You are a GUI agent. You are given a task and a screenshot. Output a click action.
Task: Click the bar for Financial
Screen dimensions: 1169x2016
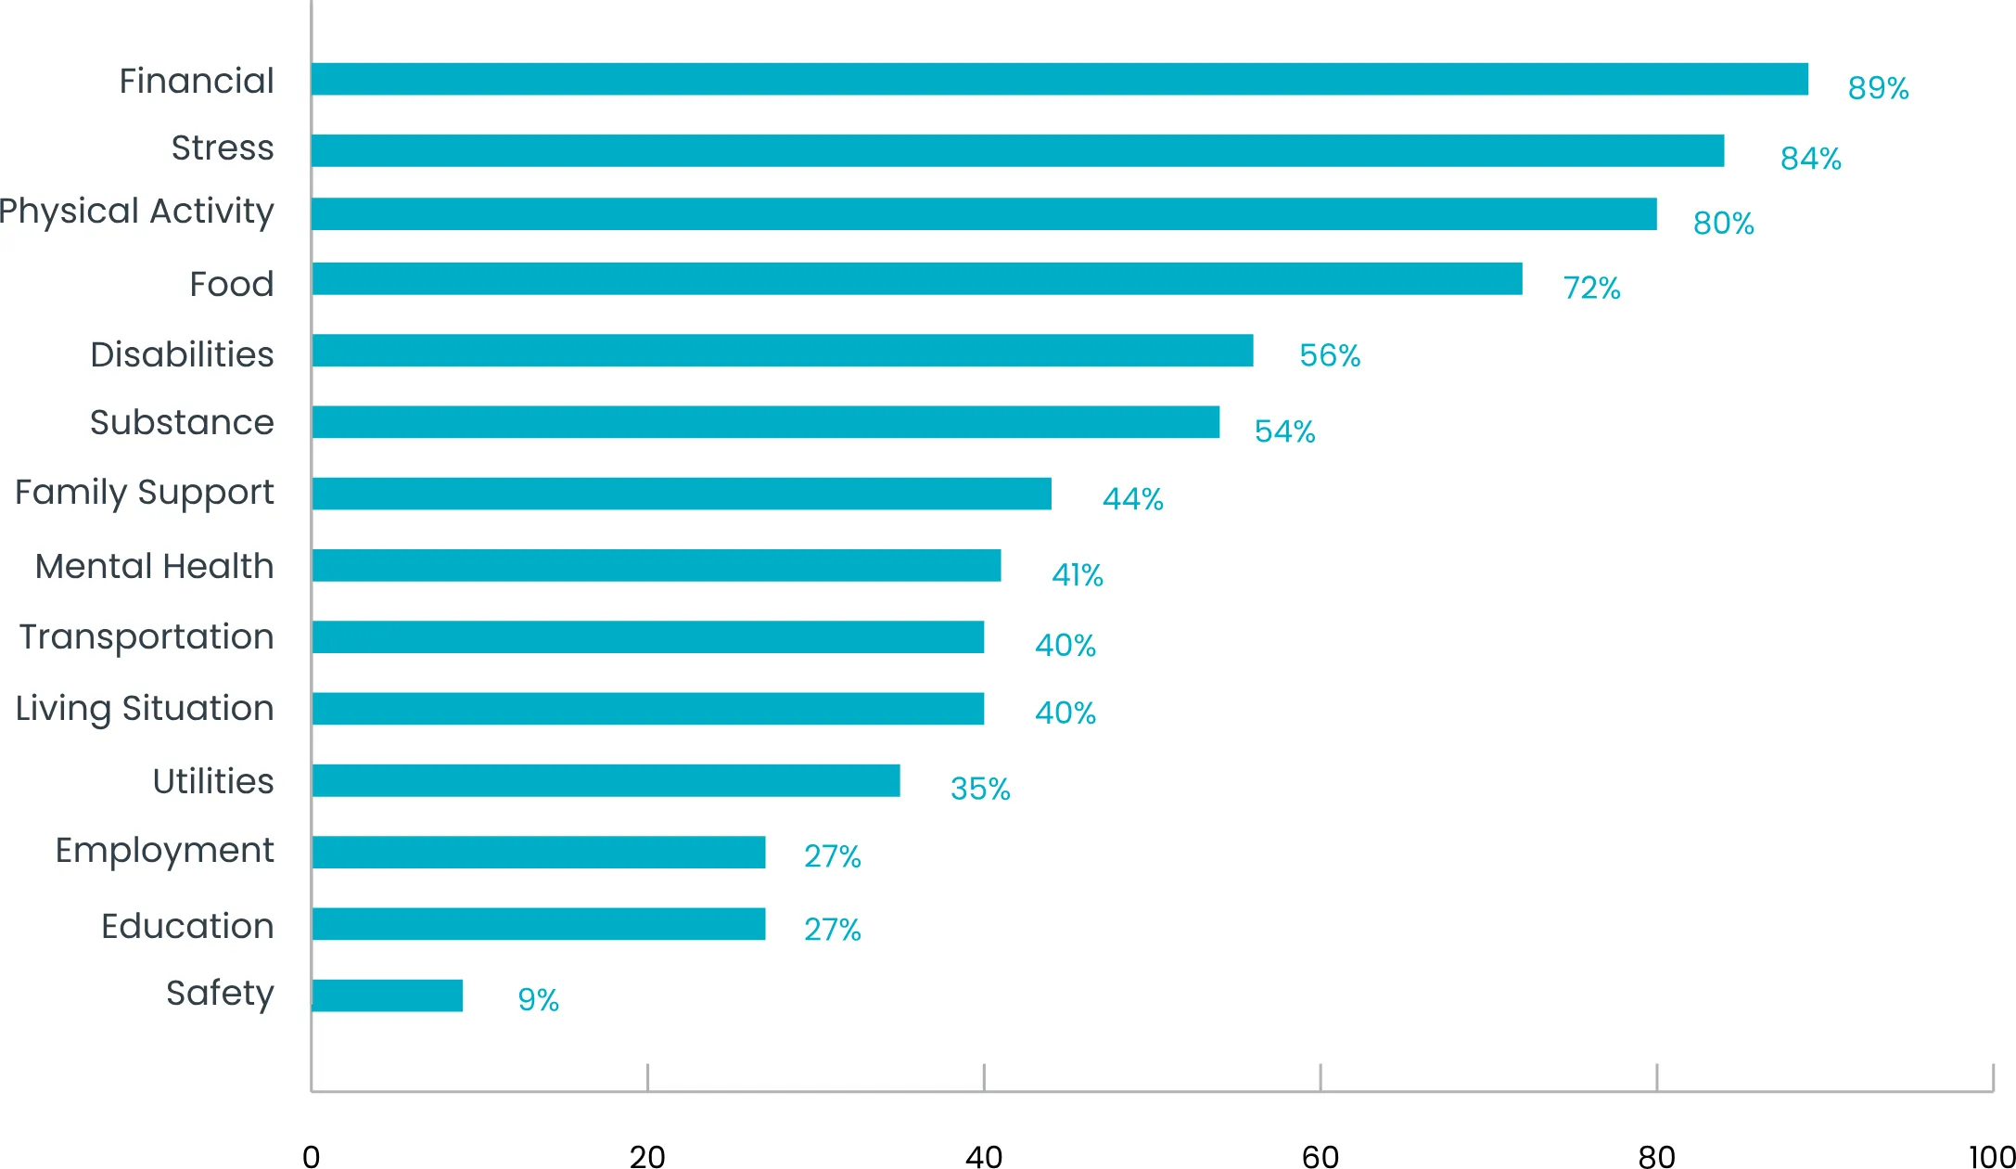1059,80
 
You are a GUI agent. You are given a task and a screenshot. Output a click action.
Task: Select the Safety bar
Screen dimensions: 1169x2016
388,996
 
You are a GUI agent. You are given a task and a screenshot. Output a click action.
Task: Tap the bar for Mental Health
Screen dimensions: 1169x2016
657,565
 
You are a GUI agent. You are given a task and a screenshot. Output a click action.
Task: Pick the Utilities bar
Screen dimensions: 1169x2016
606,780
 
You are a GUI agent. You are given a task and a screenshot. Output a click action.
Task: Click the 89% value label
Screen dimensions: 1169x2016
1878,88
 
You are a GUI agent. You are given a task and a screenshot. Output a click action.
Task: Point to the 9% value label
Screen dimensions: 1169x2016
538,1000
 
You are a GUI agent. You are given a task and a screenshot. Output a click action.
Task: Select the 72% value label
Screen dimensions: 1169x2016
1591,289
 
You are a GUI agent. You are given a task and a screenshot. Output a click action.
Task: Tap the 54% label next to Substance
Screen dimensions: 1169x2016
1284,431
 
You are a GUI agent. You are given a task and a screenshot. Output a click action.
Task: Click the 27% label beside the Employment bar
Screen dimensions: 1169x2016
832,856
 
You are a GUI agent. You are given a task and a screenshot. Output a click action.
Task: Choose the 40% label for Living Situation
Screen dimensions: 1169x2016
1065,713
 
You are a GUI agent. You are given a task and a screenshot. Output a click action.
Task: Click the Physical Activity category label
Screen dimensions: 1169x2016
137,212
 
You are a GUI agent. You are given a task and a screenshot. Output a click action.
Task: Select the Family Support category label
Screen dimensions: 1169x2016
145,493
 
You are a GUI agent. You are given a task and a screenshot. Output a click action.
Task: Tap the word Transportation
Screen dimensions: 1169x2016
147,637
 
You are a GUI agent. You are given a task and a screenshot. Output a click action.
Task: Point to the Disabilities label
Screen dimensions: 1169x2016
182,354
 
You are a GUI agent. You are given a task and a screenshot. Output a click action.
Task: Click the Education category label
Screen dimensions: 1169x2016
187,926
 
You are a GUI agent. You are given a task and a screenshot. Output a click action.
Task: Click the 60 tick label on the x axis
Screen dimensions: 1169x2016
1320,1156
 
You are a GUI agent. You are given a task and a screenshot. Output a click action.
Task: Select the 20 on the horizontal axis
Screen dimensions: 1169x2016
647,1156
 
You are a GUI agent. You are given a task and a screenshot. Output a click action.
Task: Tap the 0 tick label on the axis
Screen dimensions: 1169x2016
312,1156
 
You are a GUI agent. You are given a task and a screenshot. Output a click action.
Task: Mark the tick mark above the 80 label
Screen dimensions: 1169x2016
1656,1077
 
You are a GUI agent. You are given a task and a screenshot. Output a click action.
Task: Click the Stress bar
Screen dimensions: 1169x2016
1017,150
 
